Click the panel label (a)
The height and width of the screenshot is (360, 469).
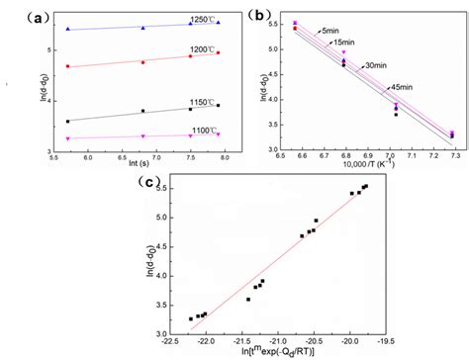21,15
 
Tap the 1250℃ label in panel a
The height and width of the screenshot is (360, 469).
178,20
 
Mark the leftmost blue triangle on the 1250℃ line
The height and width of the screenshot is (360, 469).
67,30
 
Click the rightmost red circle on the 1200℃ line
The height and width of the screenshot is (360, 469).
218,52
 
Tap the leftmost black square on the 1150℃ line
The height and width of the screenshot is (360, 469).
67,122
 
